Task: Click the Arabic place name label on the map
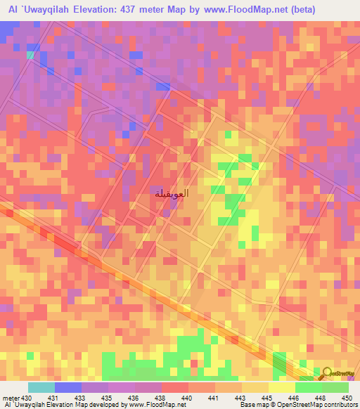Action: (170, 194)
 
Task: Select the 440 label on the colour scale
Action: (187, 397)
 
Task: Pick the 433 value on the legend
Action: (80, 397)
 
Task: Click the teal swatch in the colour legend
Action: (41, 387)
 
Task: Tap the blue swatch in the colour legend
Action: (67, 387)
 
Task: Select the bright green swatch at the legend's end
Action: (335, 387)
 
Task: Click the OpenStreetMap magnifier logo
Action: (328, 373)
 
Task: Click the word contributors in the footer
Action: (340, 405)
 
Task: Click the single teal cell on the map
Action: (30, 53)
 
